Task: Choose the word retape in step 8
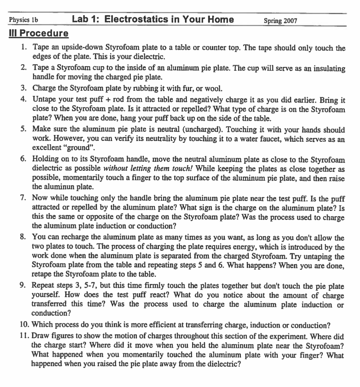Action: click(42, 272)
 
